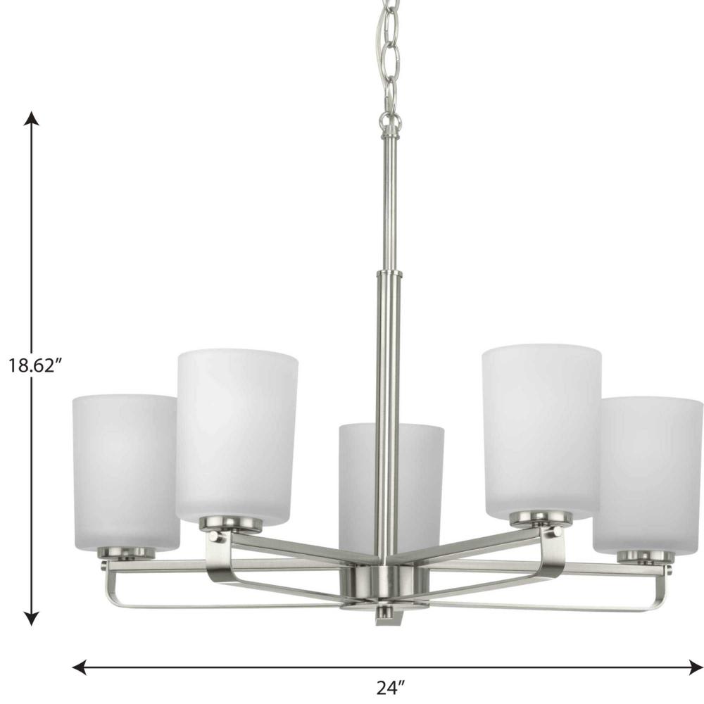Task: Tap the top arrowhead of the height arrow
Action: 31,118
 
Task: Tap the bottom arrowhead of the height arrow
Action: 31,619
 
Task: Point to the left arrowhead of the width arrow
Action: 80,667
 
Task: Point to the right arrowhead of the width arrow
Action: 696,667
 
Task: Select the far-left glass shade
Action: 125,472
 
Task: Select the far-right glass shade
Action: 648,474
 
